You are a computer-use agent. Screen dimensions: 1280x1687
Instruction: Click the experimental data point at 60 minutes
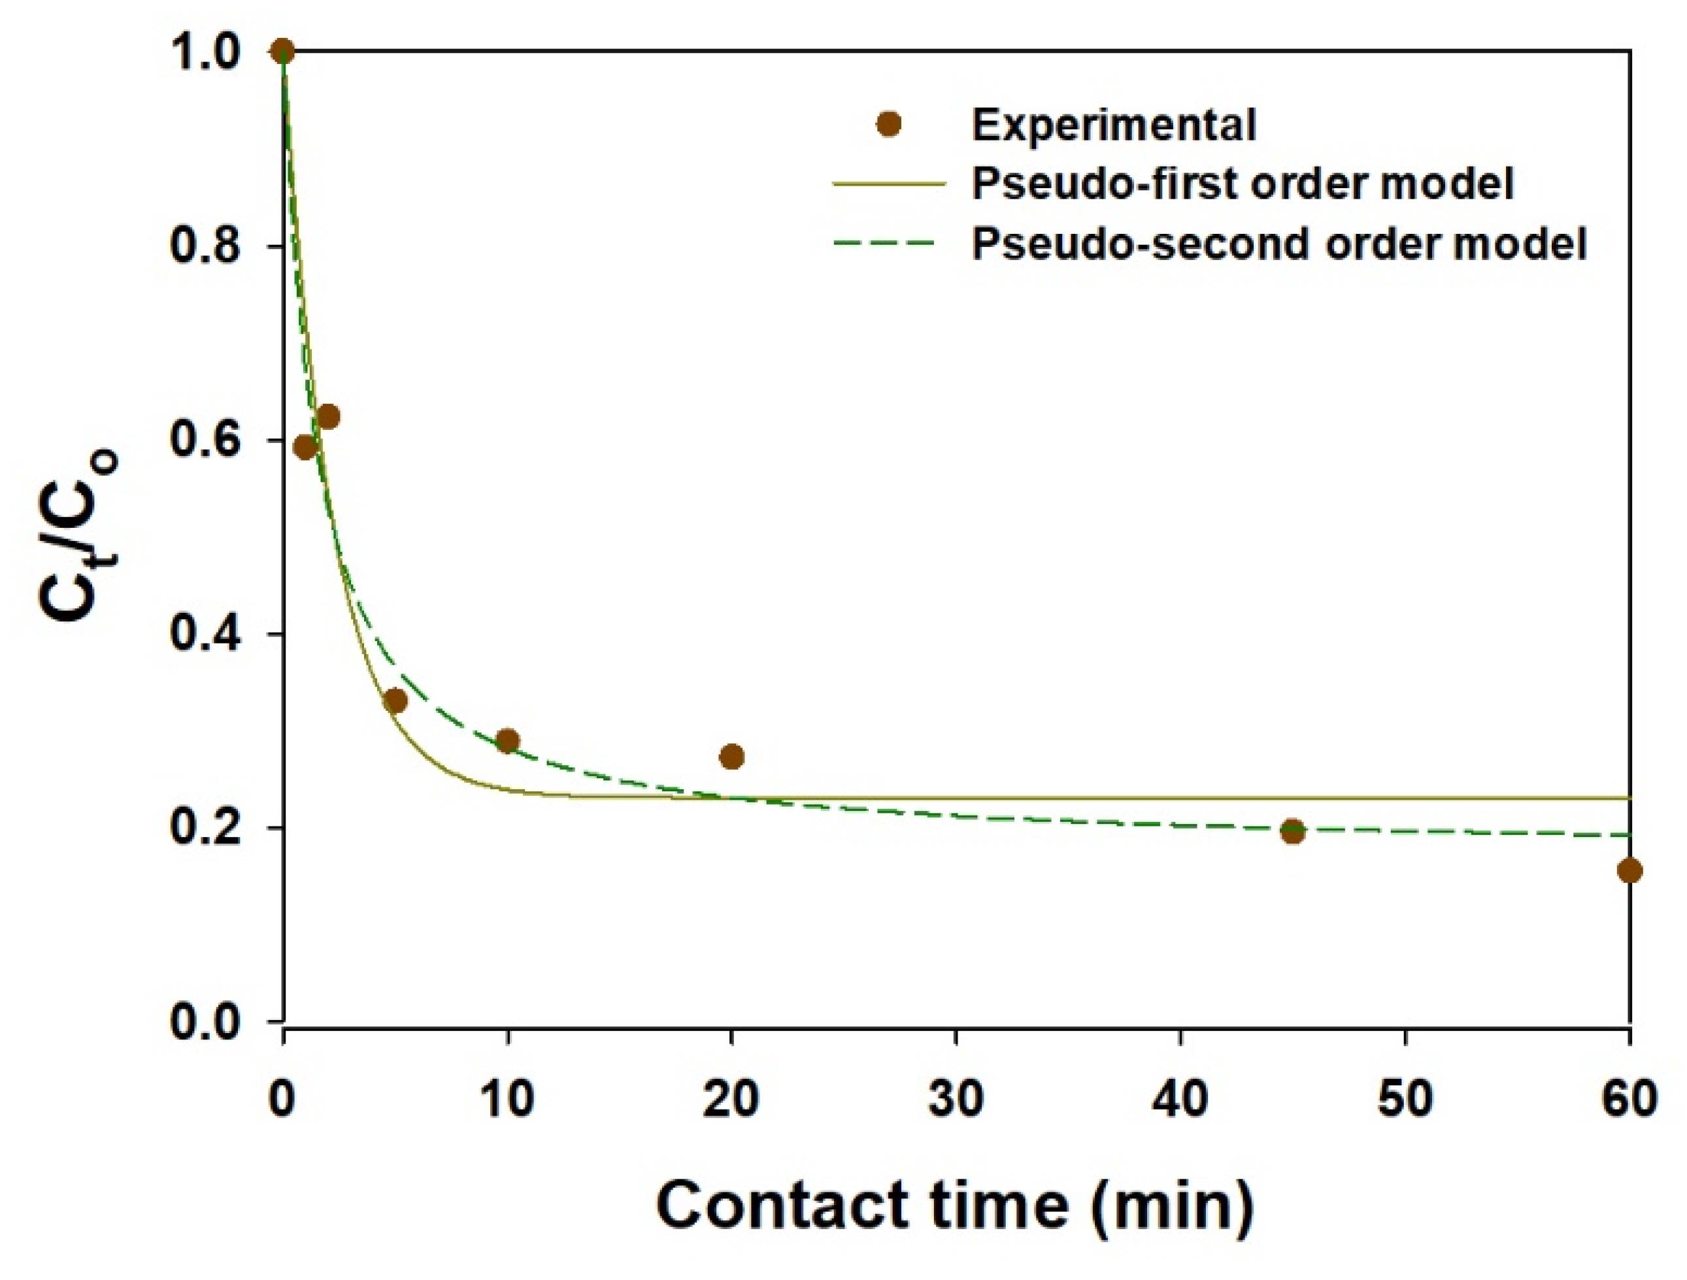(x=1629, y=870)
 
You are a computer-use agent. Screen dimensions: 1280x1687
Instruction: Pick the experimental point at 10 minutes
(x=507, y=740)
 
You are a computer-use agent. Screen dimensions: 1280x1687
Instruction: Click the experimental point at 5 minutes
(x=395, y=700)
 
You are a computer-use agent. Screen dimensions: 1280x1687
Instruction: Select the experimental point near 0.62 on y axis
(x=328, y=417)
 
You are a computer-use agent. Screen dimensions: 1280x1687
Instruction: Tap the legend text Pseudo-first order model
(x=1243, y=184)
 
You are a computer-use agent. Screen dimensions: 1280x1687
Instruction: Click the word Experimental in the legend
(x=1114, y=124)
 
